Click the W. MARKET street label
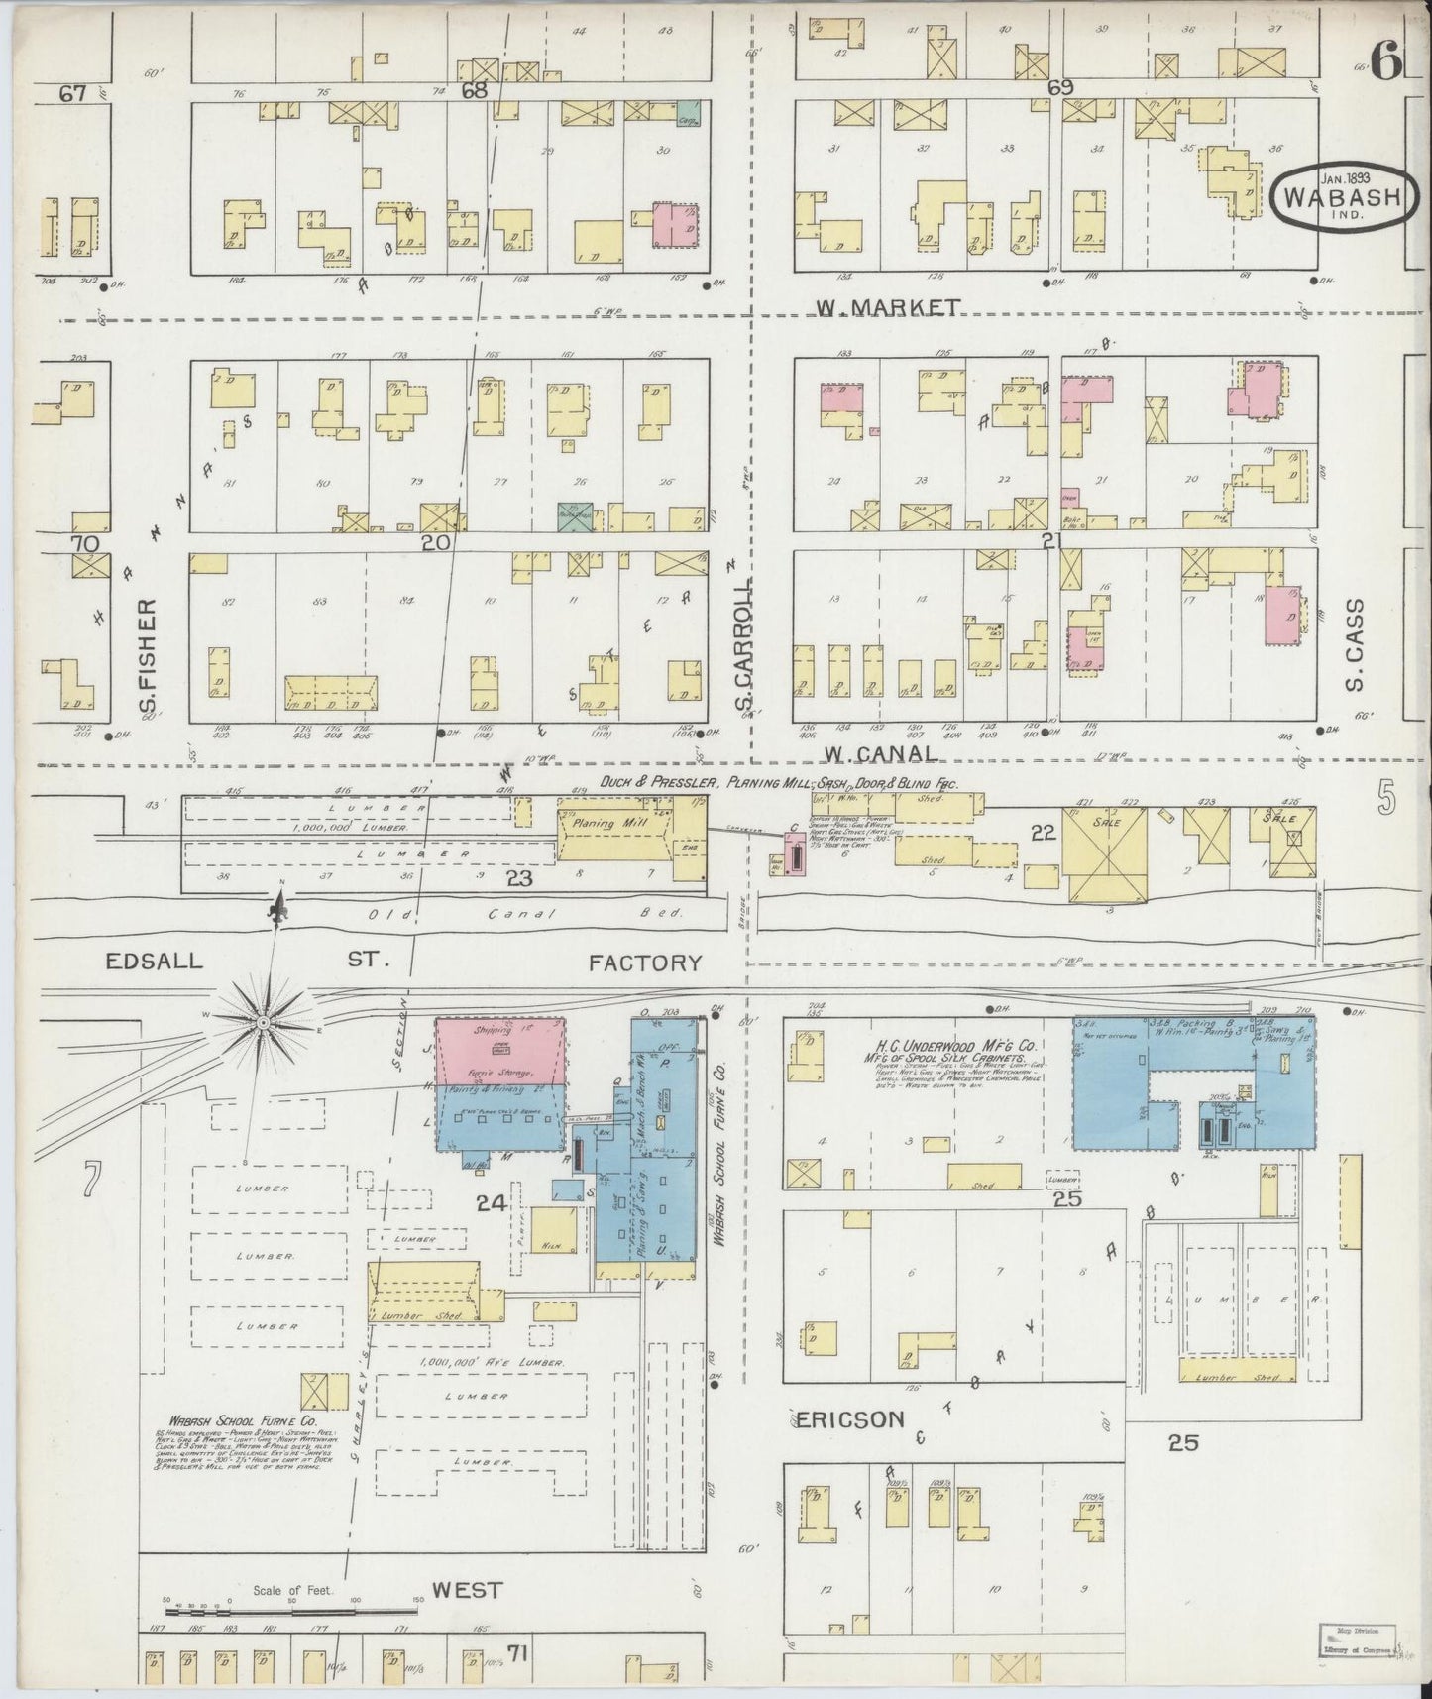coord(887,307)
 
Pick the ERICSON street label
coord(849,1419)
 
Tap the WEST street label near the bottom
coord(469,1591)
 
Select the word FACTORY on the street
coord(644,962)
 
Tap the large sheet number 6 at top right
coord(1386,63)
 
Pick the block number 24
coord(491,1203)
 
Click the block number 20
coord(436,542)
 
